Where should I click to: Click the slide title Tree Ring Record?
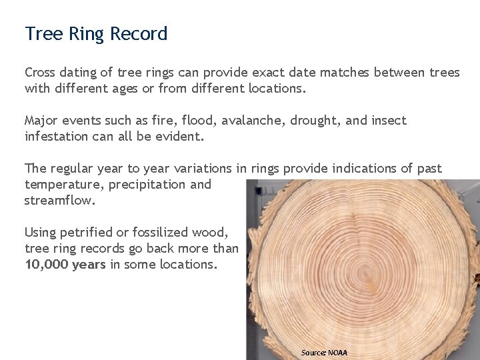(96, 34)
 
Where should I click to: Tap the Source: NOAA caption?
(324, 352)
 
